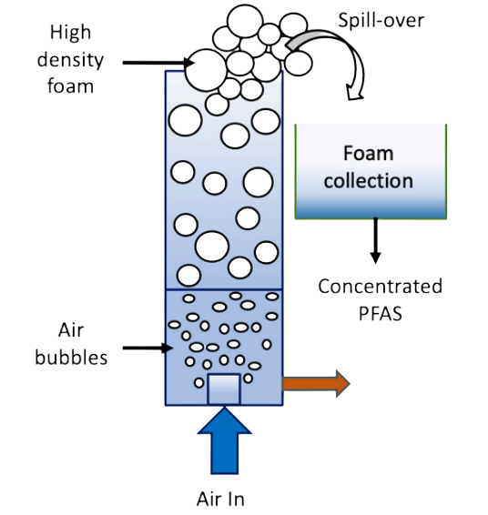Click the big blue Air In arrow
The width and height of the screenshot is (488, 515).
click(x=225, y=440)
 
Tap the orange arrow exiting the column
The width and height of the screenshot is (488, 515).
click(x=317, y=384)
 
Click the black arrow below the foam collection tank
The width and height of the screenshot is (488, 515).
click(x=375, y=241)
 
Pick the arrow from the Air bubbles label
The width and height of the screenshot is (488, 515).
click(x=147, y=348)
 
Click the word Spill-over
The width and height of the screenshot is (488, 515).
click(x=381, y=20)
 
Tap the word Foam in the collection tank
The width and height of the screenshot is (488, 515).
click(x=369, y=153)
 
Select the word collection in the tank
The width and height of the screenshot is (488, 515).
click(x=369, y=181)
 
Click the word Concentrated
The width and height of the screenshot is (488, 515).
click(x=381, y=286)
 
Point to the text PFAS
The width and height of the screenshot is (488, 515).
click(x=381, y=313)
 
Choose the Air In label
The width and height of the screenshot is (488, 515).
click(x=220, y=500)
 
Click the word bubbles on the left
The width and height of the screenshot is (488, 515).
click(x=71, y=357)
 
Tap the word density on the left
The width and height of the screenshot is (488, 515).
click(x=70, y=60)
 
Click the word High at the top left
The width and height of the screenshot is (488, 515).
click(x=70, y=33)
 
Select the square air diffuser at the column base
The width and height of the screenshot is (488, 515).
click(x=224, y=389)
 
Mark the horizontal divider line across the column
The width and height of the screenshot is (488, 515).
click(x=224, y=289)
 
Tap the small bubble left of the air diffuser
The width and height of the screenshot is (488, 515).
click(x=198, y=383)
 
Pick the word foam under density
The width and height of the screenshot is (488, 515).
click(x=70, y=86)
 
